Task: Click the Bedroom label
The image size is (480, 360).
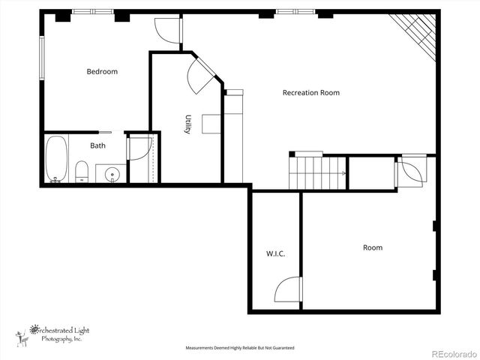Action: click(102, 72)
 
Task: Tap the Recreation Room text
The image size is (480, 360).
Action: click(310, 93)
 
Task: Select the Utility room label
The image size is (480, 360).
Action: click(188, 124)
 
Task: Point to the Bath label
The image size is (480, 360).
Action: click(98, 145)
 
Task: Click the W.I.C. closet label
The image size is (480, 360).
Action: click(275, 253)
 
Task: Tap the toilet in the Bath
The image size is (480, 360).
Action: click(82, 172)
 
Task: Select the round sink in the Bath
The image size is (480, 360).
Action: click(113, 174)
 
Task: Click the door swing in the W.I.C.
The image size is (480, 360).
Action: click(289, 289)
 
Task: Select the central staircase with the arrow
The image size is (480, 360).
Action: click(316, 172)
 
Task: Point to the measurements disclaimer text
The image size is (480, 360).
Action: click(240, 348)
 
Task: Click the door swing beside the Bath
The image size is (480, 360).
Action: click(139, 148)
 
